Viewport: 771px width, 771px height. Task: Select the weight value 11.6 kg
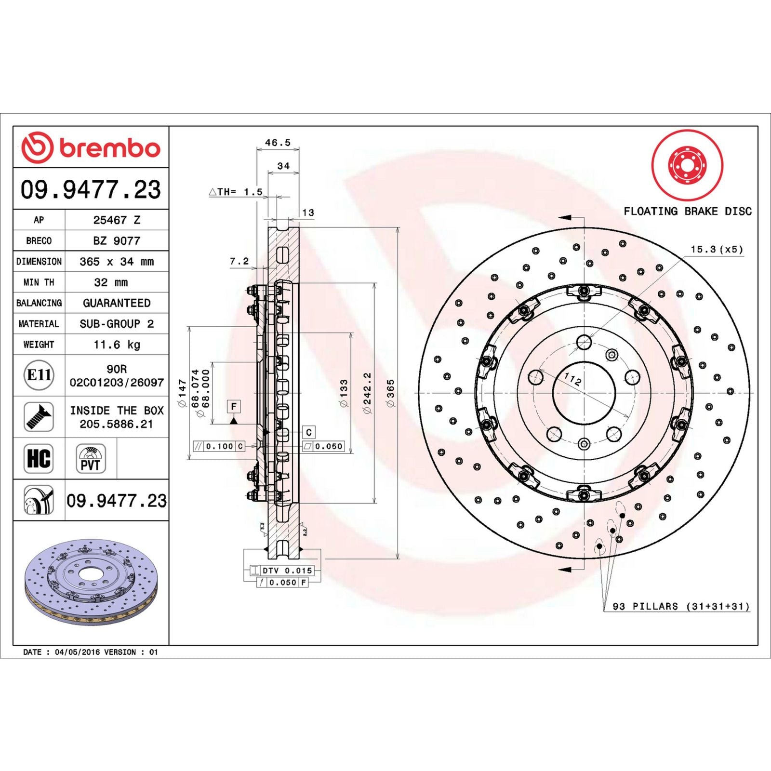tap(117, 345)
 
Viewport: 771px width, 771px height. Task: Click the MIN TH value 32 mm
tap(111, 282)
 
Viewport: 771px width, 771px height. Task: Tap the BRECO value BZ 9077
tap(117, 240)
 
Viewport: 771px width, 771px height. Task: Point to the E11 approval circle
tap(39, 375)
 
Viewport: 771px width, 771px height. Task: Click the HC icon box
tap(39, 458)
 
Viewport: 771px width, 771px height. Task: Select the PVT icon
tap(91, 459)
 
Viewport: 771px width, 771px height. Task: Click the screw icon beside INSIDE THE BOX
tap(39, 417)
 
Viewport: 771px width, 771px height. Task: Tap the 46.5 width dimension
tap(278, 143)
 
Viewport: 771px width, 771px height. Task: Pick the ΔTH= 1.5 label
tap(236, 192)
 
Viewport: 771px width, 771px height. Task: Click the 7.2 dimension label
tap(239, 261)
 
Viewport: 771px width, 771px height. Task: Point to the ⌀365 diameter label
tap(391, 393)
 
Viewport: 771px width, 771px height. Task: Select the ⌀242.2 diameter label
tap(367, 393)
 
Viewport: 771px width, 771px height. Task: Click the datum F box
tap(234, 406)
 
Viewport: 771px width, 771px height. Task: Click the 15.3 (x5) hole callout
tap(717, 249)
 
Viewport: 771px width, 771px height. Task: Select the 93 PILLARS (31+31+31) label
tap(680, 606)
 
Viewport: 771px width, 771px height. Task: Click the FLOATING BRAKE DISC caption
tap(687, 211)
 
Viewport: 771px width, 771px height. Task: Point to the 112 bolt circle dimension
tap(572, 379)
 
